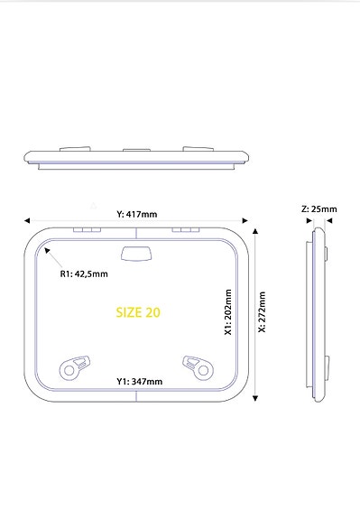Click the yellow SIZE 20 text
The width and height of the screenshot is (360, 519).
pos(138,312)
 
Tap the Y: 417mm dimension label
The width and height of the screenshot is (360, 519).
pos(137,214)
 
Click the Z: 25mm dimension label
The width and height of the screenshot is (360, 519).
pos(318,209)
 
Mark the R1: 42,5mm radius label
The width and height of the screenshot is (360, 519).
pos(83,274)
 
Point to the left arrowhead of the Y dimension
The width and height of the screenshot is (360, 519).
pos(29,218)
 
